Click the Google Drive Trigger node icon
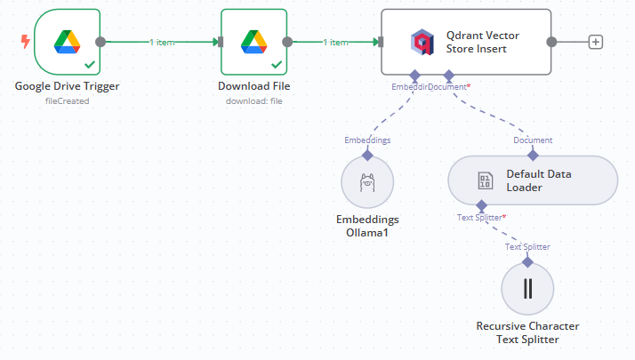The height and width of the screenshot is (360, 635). click(x=68, y=41)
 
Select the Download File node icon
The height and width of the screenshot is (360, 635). click(x=253, y=41)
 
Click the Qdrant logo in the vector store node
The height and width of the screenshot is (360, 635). click(x=422, y=42)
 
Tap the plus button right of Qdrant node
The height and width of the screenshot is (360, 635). click(x=596, y=42)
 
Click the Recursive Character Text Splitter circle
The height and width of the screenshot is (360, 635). click(x=527, y=289)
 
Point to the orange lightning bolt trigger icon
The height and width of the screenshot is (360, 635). click(x=25, y=42)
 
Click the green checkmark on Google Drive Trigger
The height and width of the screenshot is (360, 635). click(x=90, y=65)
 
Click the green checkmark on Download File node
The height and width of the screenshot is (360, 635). click(x=276, y=65)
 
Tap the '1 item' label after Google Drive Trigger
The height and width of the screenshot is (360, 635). click(x=162, y=42)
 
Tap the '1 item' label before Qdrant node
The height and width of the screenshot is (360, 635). click(x=335, y=42)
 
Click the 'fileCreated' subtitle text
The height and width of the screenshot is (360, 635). click(x=68, y=100)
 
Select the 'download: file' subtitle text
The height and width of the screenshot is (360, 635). click(x=253, y=100)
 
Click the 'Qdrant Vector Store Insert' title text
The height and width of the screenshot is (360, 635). click(x=482, y=42)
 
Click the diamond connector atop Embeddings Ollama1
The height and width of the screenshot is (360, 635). click(x=367, y=155)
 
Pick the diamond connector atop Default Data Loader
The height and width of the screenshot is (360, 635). click(x=533, y=155)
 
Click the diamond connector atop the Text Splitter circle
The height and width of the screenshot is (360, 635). click(x=527, y=261)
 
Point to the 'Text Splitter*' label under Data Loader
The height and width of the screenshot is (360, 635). click(x=482, y=217)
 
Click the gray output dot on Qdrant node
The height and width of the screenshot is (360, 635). click(x=551, y=42)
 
